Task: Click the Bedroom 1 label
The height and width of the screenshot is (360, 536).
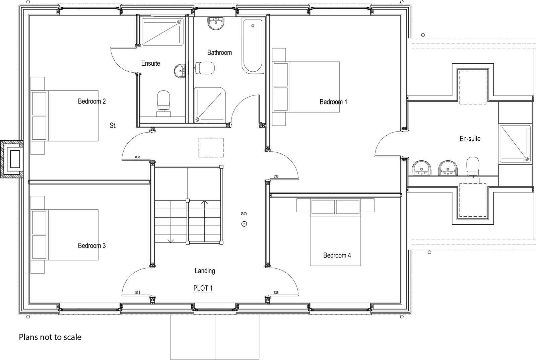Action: click(x=333, y=102)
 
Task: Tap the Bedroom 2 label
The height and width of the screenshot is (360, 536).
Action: click(x=92, y=101)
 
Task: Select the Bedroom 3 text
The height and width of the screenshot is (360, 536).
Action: click(x=92, y=246)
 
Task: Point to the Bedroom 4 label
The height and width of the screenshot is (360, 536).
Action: click(x=337, y=256)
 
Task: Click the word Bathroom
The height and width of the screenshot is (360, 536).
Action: click(x=219, y=52)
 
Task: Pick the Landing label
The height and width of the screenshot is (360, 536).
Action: click(x=205, y=271)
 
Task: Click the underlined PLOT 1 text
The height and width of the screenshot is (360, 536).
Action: click(x=203, y=288)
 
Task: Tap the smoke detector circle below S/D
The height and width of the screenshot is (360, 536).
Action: click(x=244, y=224)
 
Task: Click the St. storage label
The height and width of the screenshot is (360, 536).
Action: click(x=113, y=125)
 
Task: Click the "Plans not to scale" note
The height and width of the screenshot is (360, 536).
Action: click(x=50, y=337)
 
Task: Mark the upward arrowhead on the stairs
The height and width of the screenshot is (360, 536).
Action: click(x=205, y=202)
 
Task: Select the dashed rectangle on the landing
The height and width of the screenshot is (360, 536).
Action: click(x=211, y=148)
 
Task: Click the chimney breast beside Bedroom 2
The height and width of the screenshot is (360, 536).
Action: click(x=12, y=159)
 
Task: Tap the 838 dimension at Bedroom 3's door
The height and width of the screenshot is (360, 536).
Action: click(x=138, y=293)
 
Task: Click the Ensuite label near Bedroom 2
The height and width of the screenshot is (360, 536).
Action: click(x=150, y=63)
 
